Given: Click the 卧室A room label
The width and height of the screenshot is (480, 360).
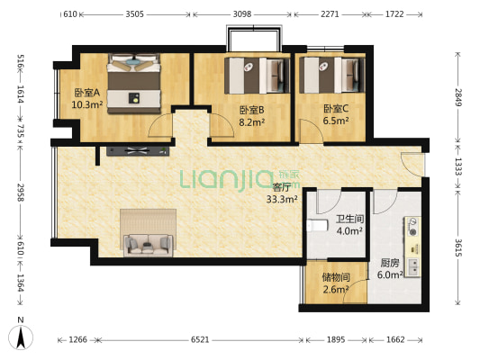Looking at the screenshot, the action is [87, 93].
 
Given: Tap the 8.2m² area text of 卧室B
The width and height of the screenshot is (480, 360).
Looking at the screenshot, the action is [251, 122].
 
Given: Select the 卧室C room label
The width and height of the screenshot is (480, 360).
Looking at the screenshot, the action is [336, 109].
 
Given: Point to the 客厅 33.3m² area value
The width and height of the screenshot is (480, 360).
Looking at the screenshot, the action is [282, 200].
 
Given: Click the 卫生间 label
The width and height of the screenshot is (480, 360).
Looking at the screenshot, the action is [349, 219].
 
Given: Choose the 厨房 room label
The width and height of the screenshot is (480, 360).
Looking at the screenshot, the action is [390, 264].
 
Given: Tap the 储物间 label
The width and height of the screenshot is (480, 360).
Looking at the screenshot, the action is [336, 277].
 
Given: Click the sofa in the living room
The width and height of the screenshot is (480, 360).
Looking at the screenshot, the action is [149, 245].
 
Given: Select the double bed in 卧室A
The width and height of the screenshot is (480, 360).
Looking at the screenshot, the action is [134, 83].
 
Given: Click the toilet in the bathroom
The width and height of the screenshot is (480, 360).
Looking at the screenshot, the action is [317, 226].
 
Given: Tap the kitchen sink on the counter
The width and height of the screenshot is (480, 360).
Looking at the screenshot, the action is [413, 267].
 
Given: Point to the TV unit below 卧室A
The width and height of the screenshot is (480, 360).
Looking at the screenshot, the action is [138, 151].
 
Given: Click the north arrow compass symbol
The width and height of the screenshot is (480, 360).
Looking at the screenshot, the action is [21, 337].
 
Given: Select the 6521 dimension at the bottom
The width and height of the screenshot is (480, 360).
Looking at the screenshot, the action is [200, 339].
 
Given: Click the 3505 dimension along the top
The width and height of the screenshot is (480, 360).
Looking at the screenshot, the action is [135, 14].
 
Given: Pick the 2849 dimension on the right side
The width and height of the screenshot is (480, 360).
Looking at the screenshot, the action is [457, 97].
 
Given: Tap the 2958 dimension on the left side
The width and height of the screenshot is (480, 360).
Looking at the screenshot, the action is [20, 193].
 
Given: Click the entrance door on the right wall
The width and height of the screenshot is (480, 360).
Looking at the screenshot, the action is [413, 164].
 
